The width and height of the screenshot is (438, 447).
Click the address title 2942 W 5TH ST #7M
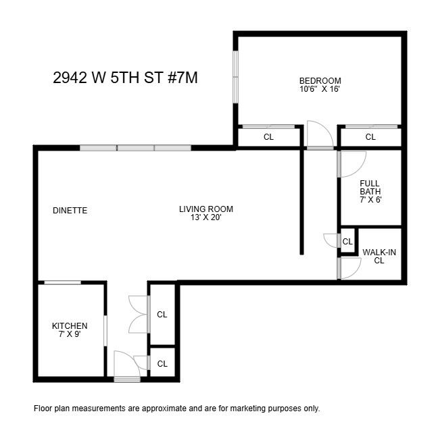[125, 77]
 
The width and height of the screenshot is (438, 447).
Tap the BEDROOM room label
[320, 80]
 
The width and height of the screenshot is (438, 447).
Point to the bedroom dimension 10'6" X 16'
[320, 88]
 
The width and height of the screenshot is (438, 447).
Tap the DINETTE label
[70, 211]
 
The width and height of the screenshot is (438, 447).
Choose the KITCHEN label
[70, 326]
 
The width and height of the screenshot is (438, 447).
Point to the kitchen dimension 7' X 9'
[70, 334]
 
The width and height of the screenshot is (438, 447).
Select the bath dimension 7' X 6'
[370, 200]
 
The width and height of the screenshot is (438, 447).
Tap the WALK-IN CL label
[379, 256]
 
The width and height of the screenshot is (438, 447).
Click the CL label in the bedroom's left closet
[268, 137]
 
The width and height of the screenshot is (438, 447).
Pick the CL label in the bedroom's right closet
[370, 137]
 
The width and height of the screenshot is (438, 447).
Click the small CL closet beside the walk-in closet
[347, 242]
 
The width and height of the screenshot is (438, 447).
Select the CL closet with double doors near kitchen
[162, 315]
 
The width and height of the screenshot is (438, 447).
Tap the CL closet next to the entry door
[162, 363]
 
